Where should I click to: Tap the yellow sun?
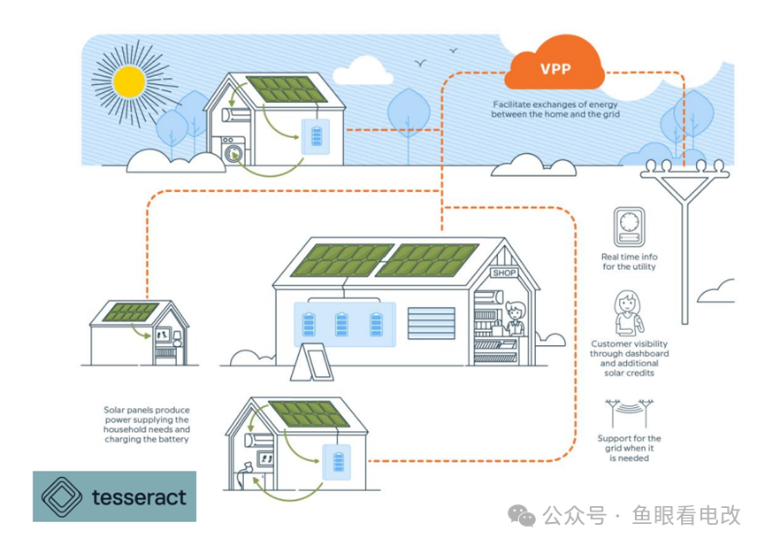[x=130, y=81]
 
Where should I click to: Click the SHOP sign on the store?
[x=504, y=273]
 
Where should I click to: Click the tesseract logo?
[x=115, y=496]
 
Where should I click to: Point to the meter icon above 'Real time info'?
[x=630, y=227]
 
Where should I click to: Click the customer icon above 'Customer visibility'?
[x=628, y=312]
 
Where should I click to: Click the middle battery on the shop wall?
[x=342, y=324]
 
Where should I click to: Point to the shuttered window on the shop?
[x=431, y=323]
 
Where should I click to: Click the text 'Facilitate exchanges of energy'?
[x=556, y=104]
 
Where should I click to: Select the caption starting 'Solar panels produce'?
[x=147, y=425]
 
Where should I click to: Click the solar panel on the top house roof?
[x=286, y=89]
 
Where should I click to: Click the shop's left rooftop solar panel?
[x=340, y=259]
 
